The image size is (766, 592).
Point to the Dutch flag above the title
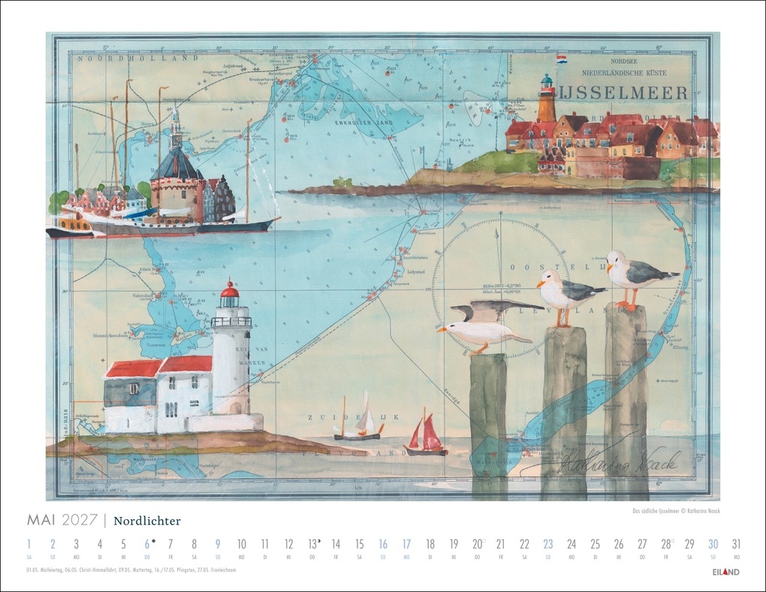[562, 58]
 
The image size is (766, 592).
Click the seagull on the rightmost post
[634, 278]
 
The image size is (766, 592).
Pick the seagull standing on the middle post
[566, 293]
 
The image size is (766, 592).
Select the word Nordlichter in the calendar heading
[147, 521]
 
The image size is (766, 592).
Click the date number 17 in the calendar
[406, 545]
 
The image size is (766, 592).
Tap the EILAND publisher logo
[725, 572]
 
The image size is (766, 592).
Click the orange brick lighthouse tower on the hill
[546, 101]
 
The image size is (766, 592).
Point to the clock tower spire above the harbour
[176, 128]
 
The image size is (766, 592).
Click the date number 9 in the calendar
[217, 545]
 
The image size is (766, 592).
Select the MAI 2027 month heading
[62, 521]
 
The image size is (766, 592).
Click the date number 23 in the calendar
[547, 545]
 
